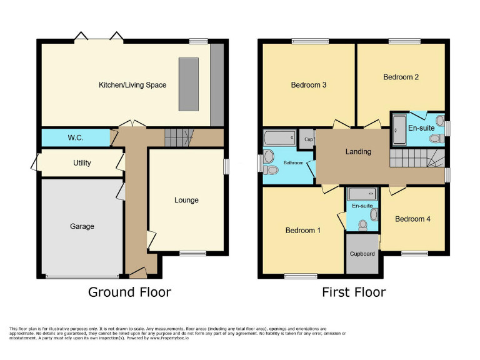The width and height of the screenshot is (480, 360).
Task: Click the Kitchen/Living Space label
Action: point(132,84)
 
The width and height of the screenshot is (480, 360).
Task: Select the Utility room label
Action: point(82,163)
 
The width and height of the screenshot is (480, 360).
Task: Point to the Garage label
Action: point(82,226)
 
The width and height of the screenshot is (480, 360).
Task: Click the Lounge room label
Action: point(186,201)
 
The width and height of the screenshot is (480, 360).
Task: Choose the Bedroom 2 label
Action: point(401,77)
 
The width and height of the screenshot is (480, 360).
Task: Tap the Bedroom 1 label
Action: point(303,231)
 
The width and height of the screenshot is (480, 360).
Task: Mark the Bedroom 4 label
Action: point(412,219)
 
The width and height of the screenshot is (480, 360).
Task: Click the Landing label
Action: point(358,152)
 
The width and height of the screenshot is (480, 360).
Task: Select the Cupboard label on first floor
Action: point(362,254)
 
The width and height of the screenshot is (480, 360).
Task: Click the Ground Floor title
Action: point(129,292)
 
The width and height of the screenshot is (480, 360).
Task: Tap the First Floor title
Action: point(354,292)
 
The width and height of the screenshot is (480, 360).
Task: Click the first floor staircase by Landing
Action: point(410,158)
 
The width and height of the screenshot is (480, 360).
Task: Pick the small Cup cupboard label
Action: point(308,139)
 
